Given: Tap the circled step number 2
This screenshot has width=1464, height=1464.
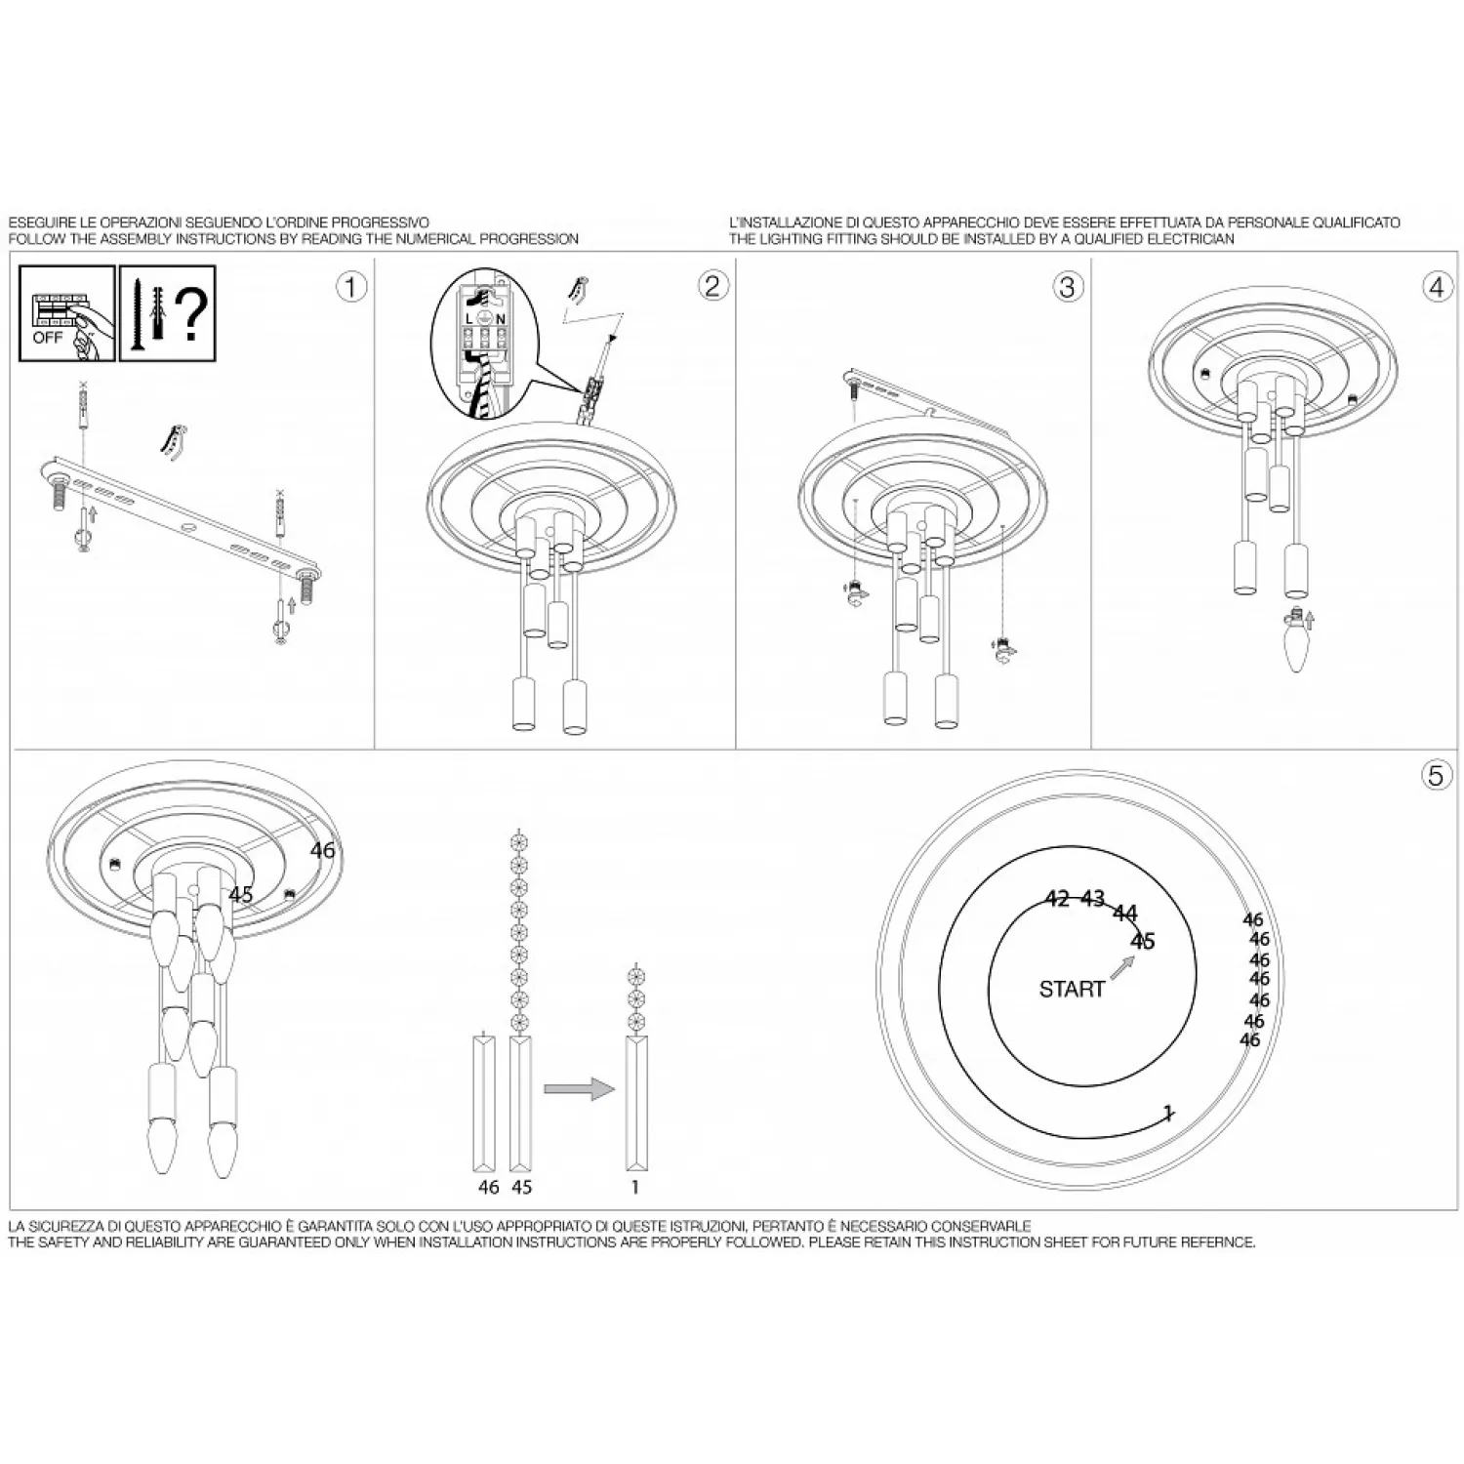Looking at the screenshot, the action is click(712, 285).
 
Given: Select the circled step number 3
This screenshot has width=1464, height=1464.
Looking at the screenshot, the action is click(1067, 286).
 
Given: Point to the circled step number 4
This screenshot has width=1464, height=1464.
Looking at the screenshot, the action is click(1437, 287).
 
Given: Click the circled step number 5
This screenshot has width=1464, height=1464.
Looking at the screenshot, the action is click(1435, 775).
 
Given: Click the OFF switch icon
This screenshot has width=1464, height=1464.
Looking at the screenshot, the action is click(66, 313).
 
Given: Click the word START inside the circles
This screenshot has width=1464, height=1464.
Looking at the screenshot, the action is click(1072, 990).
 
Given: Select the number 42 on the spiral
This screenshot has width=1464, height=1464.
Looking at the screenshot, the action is click(1057, 899).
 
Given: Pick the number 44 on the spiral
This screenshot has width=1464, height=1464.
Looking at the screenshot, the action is click(1125, 915).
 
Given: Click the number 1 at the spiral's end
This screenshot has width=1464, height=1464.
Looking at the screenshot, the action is click(1168, 1114).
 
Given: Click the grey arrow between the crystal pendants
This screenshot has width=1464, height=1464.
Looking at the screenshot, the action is click(579, 1089).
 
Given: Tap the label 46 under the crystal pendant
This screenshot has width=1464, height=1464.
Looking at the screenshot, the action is click(489, 1187).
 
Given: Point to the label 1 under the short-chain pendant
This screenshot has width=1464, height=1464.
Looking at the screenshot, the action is click(635, 1187).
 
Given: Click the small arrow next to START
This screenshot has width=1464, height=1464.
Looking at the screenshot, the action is click(1122, 966).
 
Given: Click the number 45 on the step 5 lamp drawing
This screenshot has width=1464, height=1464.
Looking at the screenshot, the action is click(241, 895).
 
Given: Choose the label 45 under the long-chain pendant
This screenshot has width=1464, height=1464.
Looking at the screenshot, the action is click(522, 1187).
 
